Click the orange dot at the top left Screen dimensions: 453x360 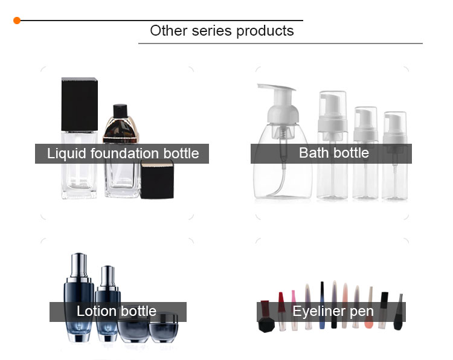[x=17, y=21]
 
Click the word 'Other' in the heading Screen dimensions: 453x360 [x=169, y=31]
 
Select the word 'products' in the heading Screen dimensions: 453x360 [x=265, y=31]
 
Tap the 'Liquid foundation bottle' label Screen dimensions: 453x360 [x=123, y=153]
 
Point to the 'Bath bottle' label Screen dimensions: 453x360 [x=333, y=153]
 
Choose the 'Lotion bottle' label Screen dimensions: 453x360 [x=117, y=311]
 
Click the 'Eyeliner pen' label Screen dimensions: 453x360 [x=333, y=311]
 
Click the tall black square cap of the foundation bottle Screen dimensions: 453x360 [x=80, y=104]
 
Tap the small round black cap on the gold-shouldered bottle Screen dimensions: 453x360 [x=120, y=111]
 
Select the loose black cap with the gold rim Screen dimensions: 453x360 [x=157, y=179]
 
